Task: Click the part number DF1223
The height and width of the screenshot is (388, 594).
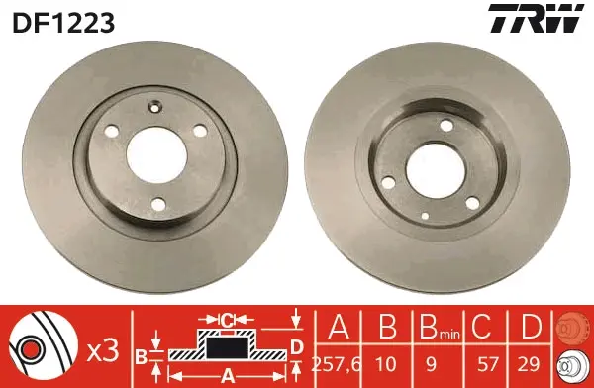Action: pos(63,23)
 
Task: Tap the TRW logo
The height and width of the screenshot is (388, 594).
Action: pos(536,18)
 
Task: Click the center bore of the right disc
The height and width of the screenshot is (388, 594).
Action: pos(436,170)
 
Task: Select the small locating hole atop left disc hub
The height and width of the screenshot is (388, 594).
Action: pos(155,106)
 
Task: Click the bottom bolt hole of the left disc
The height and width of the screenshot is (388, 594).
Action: pos(158,204)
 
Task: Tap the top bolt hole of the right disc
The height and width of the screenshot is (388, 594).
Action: pos(447,126)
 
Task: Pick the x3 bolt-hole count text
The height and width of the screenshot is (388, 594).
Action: pos(103,351)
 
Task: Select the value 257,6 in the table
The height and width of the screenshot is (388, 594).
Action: pos(337,364)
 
